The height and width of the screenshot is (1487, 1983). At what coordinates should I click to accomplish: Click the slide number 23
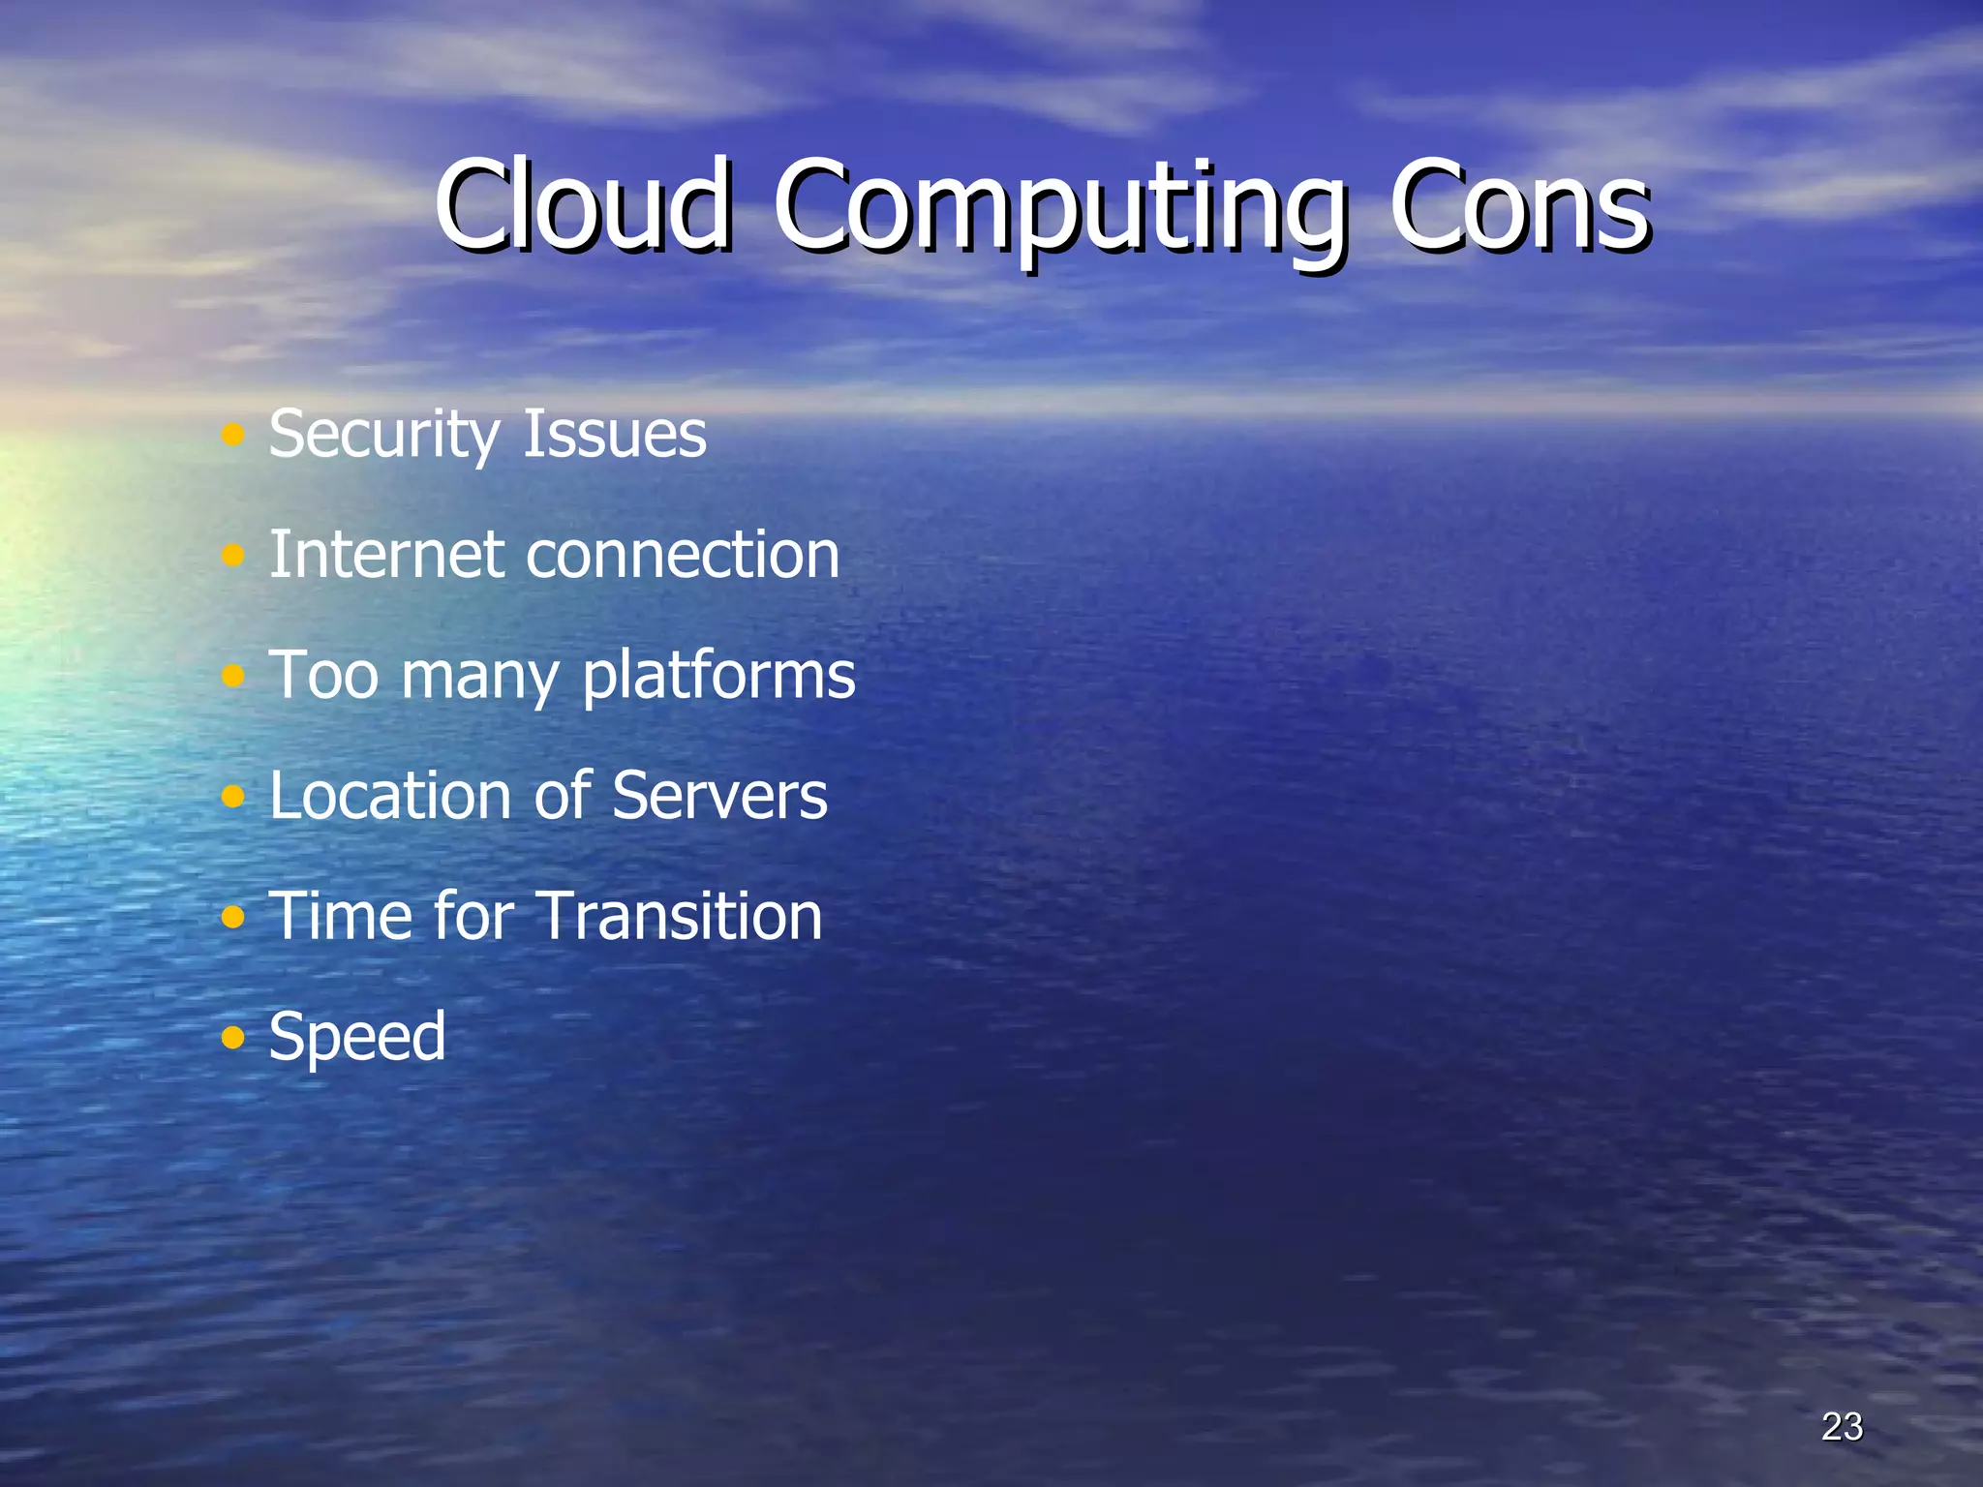point(1842,1426)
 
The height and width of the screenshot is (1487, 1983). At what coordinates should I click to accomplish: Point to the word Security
point(381,436)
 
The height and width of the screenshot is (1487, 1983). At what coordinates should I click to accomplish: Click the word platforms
point(718,676)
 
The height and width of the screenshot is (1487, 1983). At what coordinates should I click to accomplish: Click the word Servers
point(719,796)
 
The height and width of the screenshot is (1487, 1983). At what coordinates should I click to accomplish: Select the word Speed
point(357,1038)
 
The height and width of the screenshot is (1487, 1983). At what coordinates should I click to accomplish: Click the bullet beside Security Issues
point(232,435)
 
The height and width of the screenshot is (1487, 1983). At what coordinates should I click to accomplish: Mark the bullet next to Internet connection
point(232,556)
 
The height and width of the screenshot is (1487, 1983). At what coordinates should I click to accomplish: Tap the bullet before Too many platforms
point(232,676)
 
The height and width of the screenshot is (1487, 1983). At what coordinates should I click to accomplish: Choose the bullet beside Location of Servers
point(232,797)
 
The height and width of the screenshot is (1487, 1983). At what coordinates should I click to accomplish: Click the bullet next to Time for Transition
point(232,917)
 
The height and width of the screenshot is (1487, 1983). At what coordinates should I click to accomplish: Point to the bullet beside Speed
point(232,1038)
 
